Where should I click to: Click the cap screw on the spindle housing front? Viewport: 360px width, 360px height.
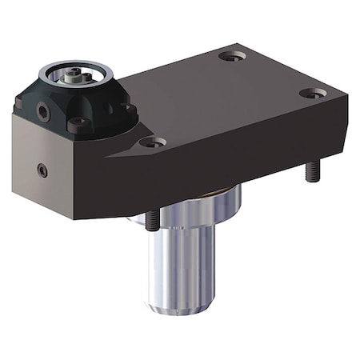pos(78,124)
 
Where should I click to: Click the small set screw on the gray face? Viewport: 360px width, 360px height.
pos(42,170)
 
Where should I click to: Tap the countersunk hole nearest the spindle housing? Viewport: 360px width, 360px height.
pos(152,142)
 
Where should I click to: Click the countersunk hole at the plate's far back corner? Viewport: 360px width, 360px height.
pos(232,56)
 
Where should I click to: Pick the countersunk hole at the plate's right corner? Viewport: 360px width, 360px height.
pos(313,94)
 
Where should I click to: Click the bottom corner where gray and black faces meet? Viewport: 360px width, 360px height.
pos(86,218)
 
